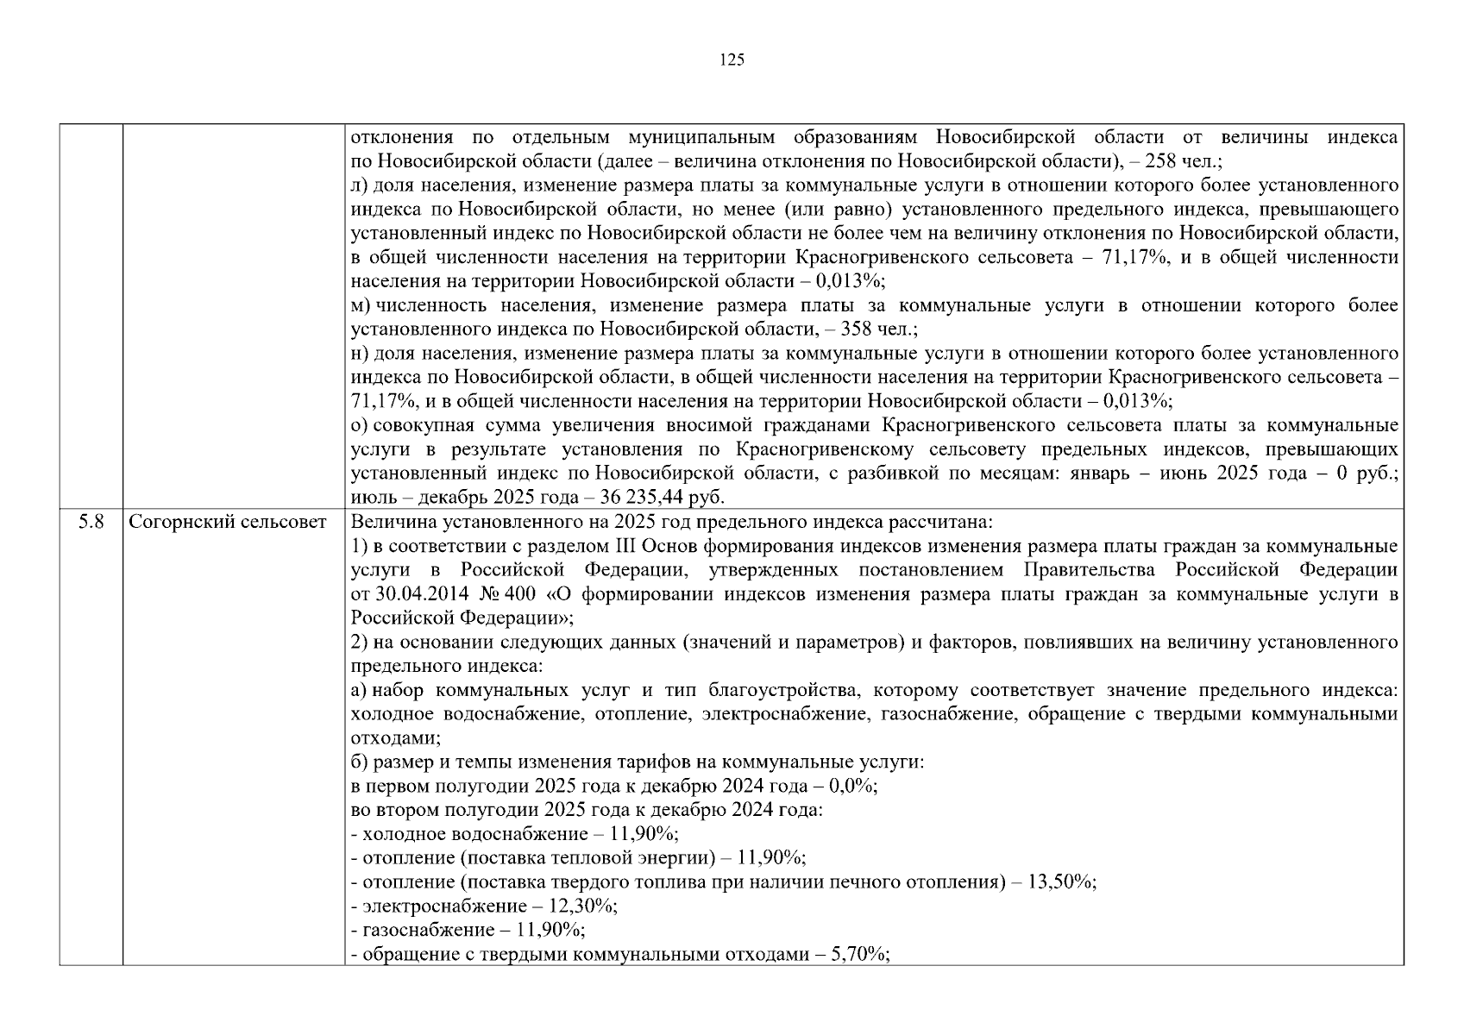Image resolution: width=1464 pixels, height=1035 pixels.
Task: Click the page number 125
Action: click(x=732, y=60)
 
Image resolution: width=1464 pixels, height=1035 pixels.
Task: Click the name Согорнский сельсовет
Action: click(x=228, y=522)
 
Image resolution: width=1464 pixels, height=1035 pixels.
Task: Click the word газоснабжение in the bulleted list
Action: click(x=419, y=931)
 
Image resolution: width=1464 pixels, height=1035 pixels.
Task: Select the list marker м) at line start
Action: click(x=361, y=305)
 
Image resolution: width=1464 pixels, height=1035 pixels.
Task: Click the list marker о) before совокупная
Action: click(x=360, y=425)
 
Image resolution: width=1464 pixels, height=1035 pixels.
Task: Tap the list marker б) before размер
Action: click(x=360, y=762)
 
